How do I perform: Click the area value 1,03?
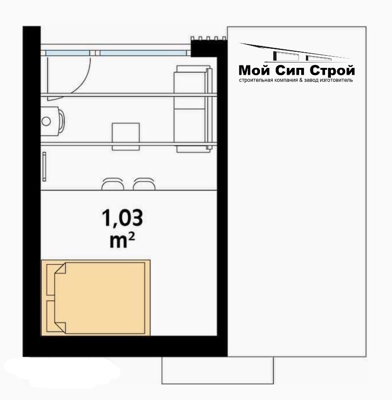pyautogui.click(x=122, y=218)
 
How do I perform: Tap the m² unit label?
pyautogui.click(x=122, y=241)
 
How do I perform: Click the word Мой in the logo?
pyautogui.click(x=254, y=70)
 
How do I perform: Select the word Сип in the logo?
pyautogui.click(x=290, y=70)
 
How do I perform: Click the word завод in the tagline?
pyautogui.click(x=311, y=80)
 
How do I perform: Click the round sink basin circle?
pyautogui.click(x=46, y=121)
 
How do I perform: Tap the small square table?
pyautogui.click(x=126, y=136)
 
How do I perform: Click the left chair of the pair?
pyautogui.click(x=113, y=184)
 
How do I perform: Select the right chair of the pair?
pyautogui.click(x=144, y=184)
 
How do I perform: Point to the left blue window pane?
pyautogui.click(x=67, y=53)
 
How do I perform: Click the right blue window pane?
pyautogui.click(x=143, y=53)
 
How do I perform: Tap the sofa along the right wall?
pyautogui.click(x=193, y=109)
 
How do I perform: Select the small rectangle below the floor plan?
pyautogui.click(x=218, y=370)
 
